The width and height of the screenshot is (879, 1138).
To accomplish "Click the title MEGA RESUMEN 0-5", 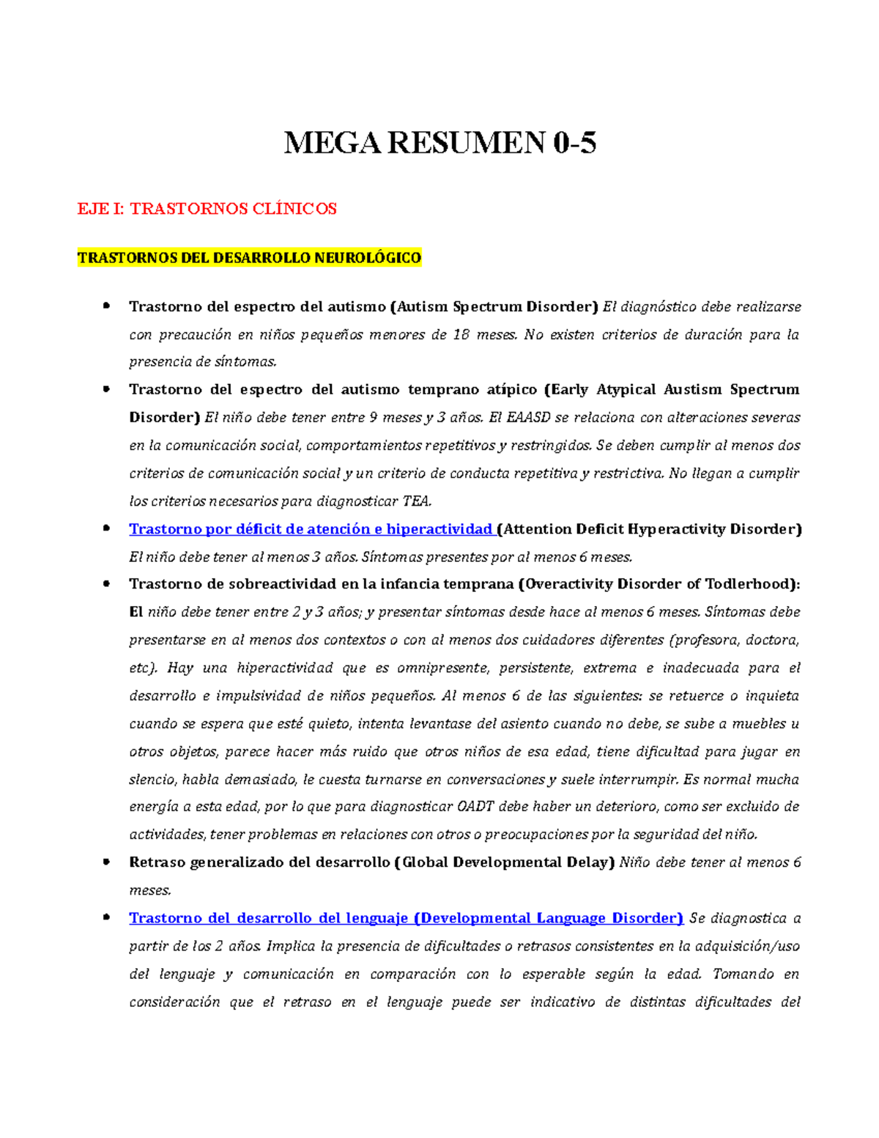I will (x=439, y=142).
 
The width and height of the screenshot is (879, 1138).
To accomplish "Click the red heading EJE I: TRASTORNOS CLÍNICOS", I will (x=207, y=209).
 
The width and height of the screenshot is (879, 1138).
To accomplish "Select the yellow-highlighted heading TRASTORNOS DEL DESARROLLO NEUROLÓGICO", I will (x=249, y=258).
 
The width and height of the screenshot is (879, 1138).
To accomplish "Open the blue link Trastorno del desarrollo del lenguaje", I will (x=406, y=918).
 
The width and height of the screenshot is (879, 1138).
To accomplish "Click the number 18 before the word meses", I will (x=461, y=335).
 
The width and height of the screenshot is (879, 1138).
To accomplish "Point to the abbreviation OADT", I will (x=476, y=807).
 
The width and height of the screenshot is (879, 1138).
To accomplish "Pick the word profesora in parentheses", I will (x=703, y=640).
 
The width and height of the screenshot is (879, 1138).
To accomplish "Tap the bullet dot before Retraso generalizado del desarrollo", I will (x=107, y=862).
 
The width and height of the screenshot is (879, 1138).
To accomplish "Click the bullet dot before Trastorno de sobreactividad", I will (x=107, y=584).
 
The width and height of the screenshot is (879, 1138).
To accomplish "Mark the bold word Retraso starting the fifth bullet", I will (x=157, y=862).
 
